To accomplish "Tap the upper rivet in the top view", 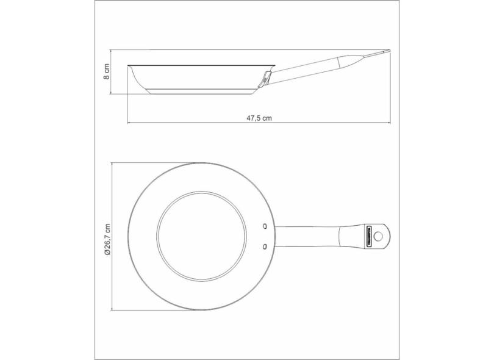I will point(265,226).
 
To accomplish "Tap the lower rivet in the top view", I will point(265,246).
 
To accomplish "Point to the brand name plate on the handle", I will point(368,236).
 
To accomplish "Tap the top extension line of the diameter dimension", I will point(152,162).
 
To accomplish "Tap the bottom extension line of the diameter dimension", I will point(152,310).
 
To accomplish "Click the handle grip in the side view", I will point(342,62).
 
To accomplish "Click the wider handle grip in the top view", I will point(351,236).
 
